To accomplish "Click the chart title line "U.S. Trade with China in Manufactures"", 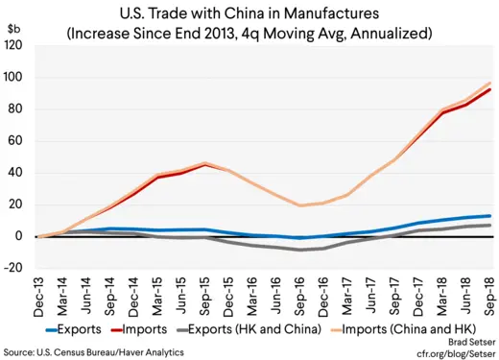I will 249,13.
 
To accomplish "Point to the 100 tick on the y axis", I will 16,77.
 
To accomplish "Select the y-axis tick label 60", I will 19,141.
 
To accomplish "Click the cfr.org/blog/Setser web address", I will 450,351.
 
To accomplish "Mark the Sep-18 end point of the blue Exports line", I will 490,216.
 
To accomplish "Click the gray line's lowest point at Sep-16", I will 301,250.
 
